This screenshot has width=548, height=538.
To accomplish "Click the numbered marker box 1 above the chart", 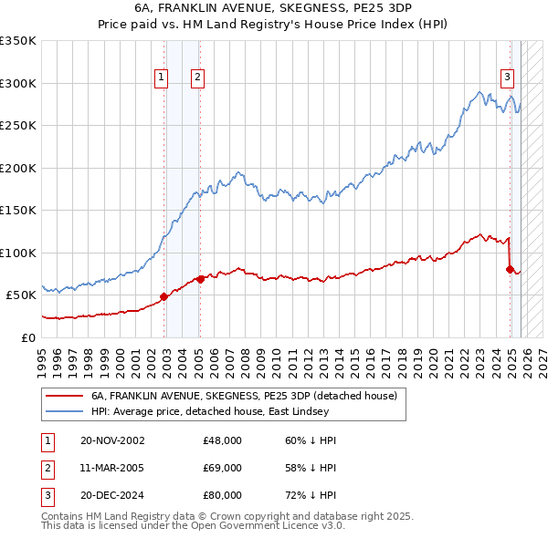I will [x=161, y=78].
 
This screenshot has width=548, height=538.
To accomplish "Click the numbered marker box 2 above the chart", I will [x=196, y=78].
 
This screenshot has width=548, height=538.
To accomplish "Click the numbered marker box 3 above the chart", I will [x=507, y=78].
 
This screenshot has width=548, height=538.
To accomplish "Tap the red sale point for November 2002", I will [x=164, y=296].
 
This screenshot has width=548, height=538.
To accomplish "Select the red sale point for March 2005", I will [x=200, y=279].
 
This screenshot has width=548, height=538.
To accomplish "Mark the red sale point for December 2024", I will [x=510, y=269].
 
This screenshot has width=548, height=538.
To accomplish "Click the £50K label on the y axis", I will [x=21, y=295].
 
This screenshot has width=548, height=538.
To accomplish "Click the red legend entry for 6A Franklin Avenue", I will [x=243, y=397].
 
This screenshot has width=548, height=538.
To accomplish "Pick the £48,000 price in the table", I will [x=222, y=440].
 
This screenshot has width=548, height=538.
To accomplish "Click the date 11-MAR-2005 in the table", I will [x=112, y=468].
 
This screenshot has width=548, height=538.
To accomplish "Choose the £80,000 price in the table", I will [x=222, y=495].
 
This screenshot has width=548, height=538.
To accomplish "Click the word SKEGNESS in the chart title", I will [x=300, y=8].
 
